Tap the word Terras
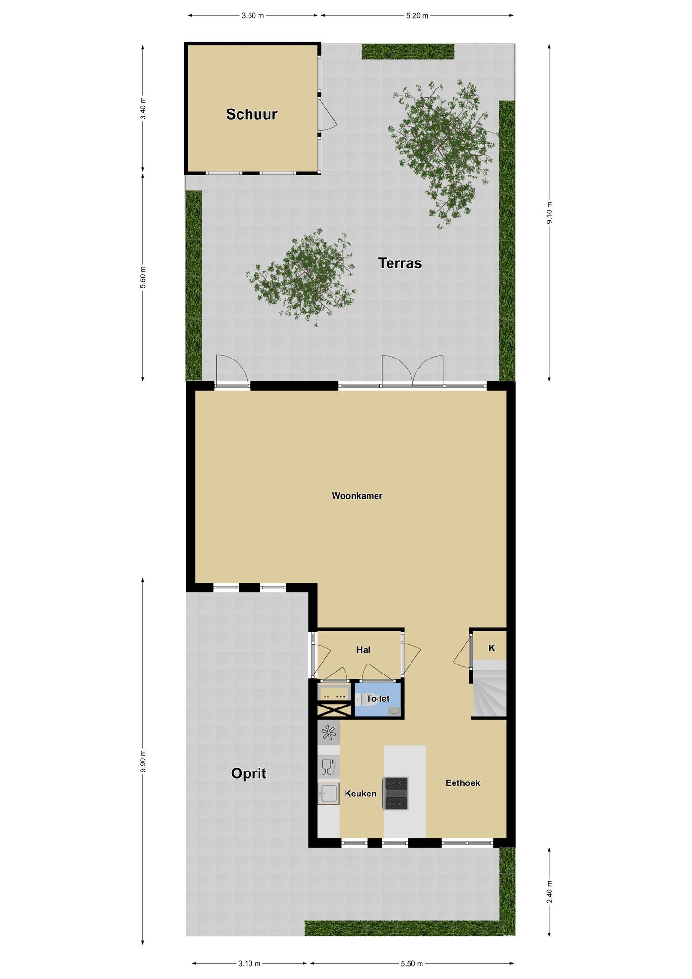400,263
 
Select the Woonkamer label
357,496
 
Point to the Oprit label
249,773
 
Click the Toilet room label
378,699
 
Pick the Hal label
363,650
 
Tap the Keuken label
360,794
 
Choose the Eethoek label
463,783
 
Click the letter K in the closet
491,648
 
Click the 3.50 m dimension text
253,16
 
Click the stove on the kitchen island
395,794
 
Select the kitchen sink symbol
328,794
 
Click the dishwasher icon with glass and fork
328,767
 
